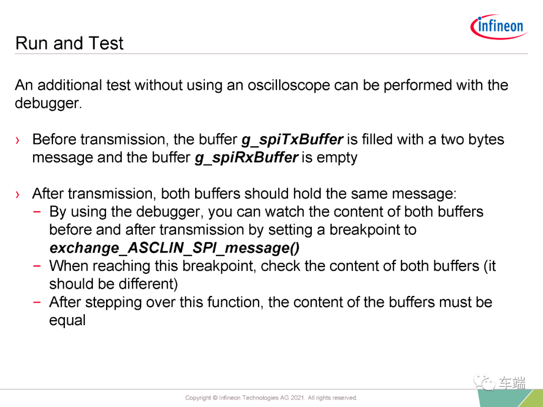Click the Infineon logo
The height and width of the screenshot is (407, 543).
point(499,27)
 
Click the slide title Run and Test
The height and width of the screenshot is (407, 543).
point(69,43)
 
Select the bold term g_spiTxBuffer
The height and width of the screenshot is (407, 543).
point(292,140)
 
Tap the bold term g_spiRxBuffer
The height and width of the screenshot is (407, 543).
point(246,158)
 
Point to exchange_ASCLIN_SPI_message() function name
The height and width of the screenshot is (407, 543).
point(174,248)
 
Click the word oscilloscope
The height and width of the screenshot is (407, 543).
point(289,85)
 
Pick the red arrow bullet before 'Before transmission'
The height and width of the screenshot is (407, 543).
point(17,140)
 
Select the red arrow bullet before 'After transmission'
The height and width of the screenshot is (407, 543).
point(17,194)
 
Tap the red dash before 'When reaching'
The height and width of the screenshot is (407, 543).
point(37,266)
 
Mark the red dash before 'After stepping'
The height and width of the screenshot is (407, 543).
point(37,302)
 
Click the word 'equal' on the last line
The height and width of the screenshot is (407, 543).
point(67,321)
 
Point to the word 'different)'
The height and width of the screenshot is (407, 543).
point(148,284)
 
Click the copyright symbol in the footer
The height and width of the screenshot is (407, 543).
point(215,398)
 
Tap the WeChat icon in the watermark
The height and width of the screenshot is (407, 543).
point(484,382)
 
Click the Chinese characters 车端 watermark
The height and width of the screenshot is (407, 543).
point(512,383)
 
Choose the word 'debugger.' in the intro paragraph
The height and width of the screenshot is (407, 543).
point(48,104)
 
